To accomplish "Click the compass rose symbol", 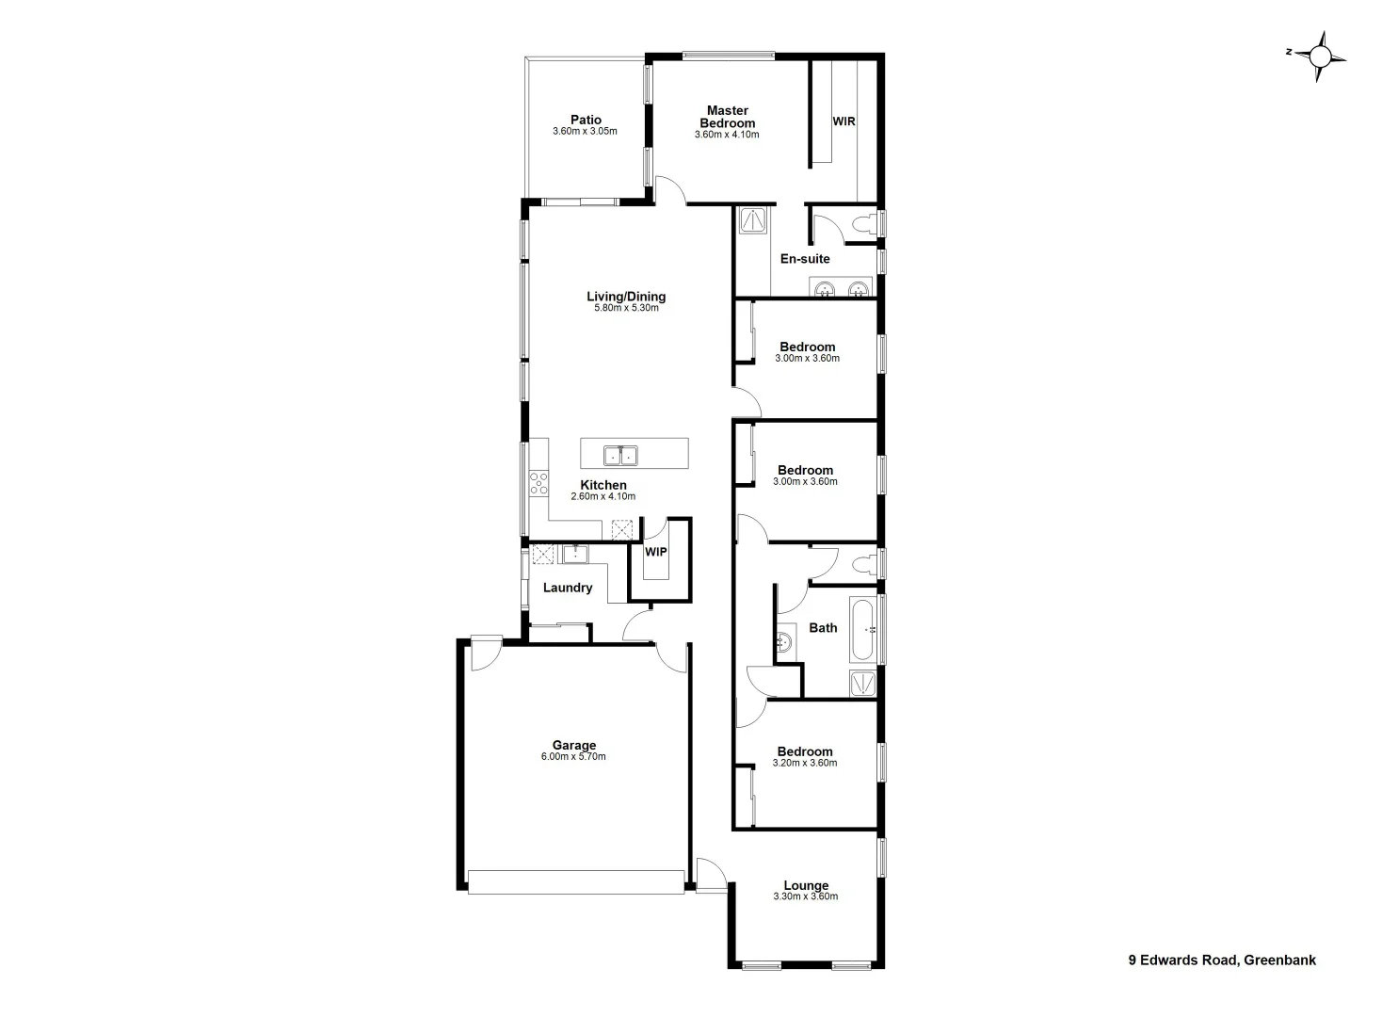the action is pos(1320,57).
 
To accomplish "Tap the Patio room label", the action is pos(586,120).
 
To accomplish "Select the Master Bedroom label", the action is pos(727,117).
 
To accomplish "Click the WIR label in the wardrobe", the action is pos(844,121).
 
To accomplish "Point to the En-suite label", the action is pos(805,258).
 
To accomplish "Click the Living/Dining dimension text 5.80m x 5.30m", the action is pos(626,308).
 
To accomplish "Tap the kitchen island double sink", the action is pos(620,455).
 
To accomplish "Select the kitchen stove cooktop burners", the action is pos(538,484).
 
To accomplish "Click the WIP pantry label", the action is pos(655,552).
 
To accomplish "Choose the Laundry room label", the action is pos(568,588).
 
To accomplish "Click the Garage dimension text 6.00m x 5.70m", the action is pos(573,757).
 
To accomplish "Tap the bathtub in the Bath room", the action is pos(863,629).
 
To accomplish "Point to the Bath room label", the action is pos(823,628).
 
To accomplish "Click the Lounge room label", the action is pos(806,885).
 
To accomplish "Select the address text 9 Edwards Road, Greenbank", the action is pos(1222,960).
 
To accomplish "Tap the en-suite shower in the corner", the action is pos(754,220).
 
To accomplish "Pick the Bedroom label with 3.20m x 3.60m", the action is pos(805,751).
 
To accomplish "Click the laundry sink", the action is pos(575,554).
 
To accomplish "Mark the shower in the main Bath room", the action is pos(863,684).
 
